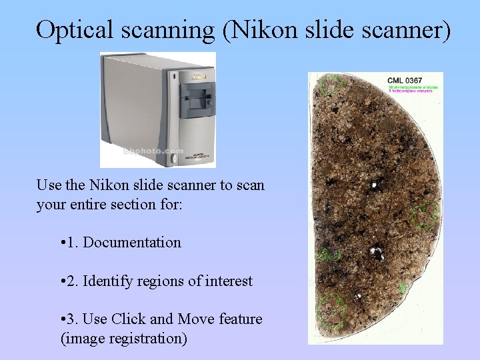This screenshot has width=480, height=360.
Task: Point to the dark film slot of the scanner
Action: click(x=198, y=103)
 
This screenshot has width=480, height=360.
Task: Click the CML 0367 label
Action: click(x=405, y=81)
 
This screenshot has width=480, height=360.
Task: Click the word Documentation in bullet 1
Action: click(x=132, y=243)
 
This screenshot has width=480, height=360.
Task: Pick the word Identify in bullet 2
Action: click(x=109, y=281)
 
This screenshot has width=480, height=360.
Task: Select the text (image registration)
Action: click(x=124, y=339)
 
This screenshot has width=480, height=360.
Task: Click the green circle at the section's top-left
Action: click(x=331, y=85)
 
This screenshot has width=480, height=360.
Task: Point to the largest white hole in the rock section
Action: click(x=376, y=253)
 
